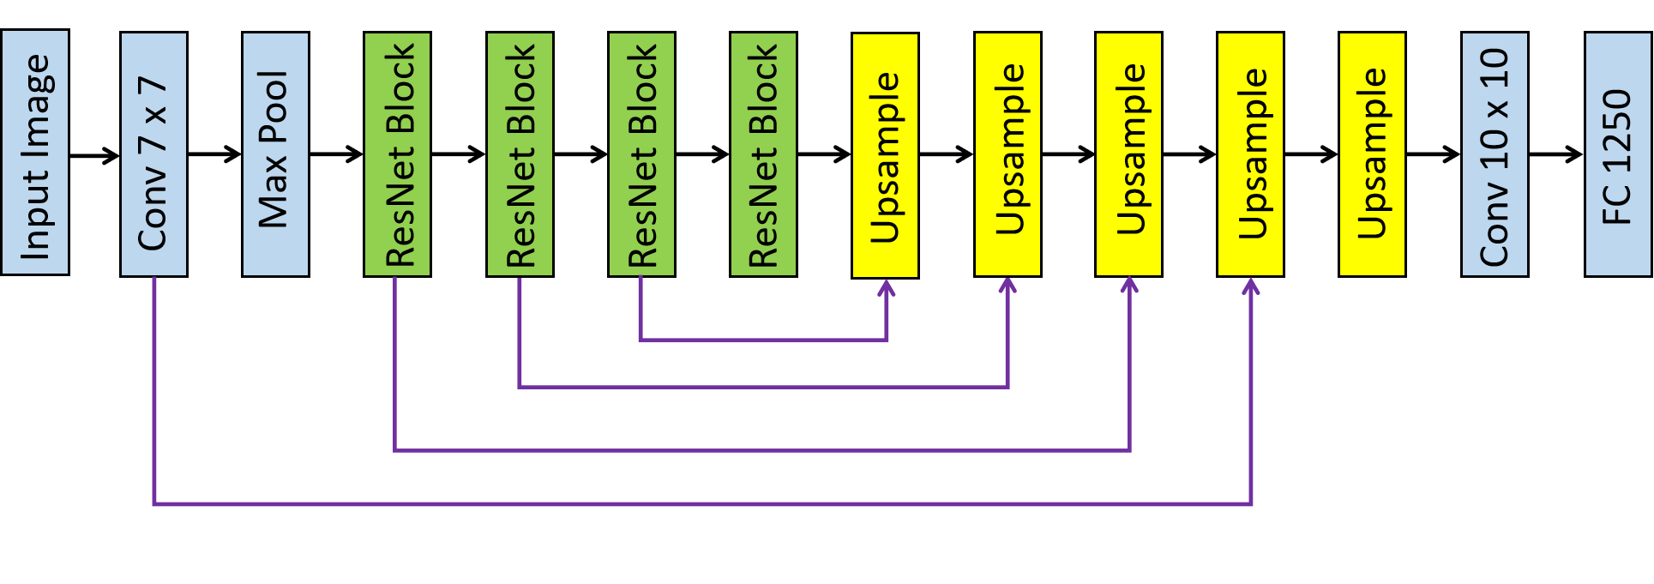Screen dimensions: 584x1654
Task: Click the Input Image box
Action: coord(34,153)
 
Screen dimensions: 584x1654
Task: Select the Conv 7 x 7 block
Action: coord(153,154)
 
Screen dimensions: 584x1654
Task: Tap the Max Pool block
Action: coord(275,154)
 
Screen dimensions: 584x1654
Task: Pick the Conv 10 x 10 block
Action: coord(1494,154)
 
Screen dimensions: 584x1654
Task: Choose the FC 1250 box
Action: coord(1617,154)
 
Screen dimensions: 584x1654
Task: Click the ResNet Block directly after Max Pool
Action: coord(397,154)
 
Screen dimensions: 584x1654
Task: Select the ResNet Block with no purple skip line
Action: coord(763,154)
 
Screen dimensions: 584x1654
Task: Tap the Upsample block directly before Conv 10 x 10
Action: coord(1372,154)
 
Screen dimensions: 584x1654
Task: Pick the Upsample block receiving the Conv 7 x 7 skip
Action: coord(1250,154)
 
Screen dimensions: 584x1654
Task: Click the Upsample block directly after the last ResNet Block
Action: coord(885,155)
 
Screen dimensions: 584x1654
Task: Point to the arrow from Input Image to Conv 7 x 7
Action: coord(94,155)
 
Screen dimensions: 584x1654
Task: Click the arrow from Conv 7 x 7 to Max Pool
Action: coord(214,154)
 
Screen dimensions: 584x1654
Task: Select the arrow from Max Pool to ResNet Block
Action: coord(336,154)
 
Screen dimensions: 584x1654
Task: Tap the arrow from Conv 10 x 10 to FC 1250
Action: coord(1555,154)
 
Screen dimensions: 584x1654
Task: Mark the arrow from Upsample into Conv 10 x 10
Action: coord(1433,154)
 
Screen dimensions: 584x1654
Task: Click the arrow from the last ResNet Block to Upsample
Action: coord(824,154)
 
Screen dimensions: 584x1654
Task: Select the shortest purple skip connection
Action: coord(763,340)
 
